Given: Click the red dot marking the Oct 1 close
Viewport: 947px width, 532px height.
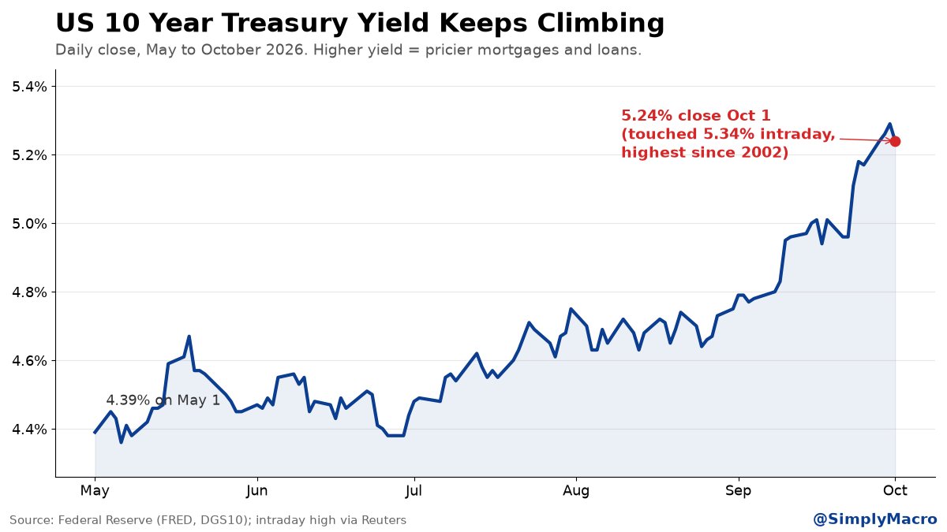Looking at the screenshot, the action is (x=895, y=141).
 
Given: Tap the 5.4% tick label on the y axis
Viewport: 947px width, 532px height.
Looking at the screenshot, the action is (x=29, y=87).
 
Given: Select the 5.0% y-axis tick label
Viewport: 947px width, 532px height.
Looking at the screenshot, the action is (x=29, y=223).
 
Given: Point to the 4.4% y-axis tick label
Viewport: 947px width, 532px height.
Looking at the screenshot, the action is (x=29, y=430).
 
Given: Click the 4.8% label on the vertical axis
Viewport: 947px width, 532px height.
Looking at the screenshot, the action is (x=29, y=292).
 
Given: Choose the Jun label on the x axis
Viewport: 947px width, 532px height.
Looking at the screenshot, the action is (x=257, y=490).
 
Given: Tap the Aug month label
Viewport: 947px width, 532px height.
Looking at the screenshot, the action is (x=576, y=491).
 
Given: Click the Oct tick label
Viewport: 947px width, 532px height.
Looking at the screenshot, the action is (x=895, y=490).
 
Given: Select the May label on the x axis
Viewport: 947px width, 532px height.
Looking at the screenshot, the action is (x=95, y=491).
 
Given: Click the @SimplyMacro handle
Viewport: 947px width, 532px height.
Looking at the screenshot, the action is (x=875, y=519).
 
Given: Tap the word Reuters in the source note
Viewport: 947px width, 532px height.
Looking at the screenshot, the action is (x=384, y=519).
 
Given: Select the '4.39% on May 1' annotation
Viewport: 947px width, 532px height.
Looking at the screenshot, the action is (x=163, y=400).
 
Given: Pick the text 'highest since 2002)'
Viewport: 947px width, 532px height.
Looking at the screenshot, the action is (x=705, y=152).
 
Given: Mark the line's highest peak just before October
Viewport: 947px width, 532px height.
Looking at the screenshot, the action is (x=889, y=124).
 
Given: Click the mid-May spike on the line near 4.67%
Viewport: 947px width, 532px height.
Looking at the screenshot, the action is (x=189, y=337).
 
